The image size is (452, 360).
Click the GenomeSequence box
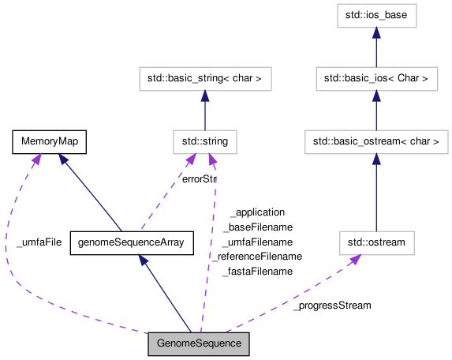coord(199,344)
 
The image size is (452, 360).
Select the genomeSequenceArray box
coord(132,242)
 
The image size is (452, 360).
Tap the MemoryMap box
coord(49,142)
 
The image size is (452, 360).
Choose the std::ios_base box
coord(376,14)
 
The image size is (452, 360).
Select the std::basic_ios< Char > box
coord(376,78)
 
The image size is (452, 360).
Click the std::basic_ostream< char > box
coord(376,142)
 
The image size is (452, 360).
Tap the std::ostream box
coord(376,242)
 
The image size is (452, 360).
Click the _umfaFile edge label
coord(39,242)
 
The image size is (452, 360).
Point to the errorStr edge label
coord(199,179)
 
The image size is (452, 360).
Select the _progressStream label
coord(331,305)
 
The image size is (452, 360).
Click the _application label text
coord(257,212)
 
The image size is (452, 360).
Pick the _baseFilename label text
coord(257,227)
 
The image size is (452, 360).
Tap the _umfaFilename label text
coord(257,242)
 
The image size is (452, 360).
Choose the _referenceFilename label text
coord(257,257)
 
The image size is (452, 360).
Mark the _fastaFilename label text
coord(257,271)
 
